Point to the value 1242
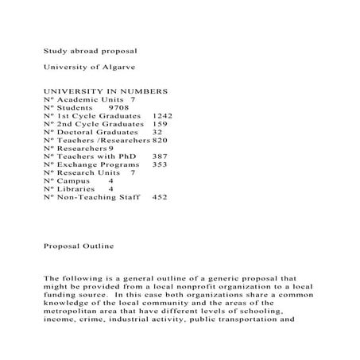(x=161, y=115)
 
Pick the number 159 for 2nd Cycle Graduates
(x=159, y=124)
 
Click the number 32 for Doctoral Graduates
(x=157, y=132)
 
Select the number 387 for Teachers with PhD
(x=160, y=157)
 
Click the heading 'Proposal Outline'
(x=79, y=246)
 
